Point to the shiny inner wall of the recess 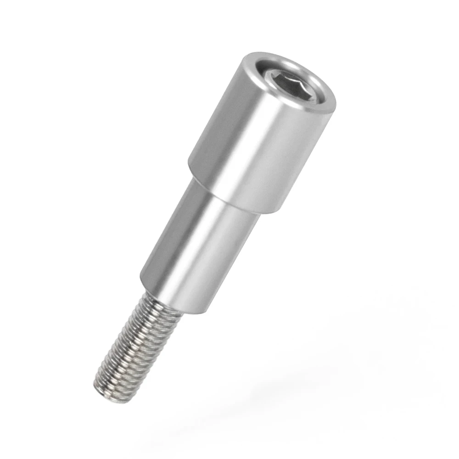click(x=275, y=73)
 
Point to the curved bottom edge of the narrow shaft click(x=184, y=308)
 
